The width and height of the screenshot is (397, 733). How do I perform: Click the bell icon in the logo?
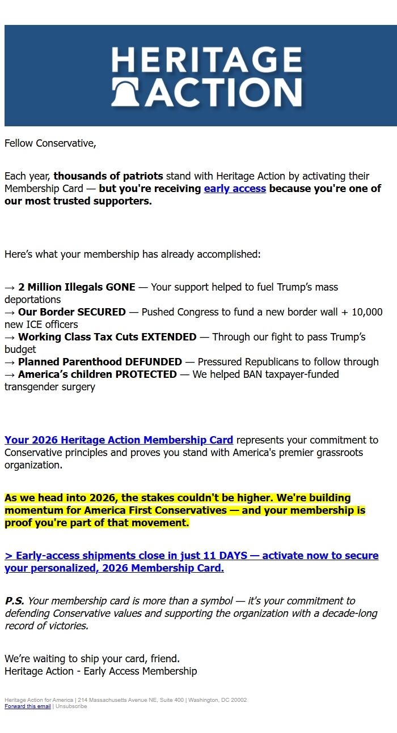(x=126, y=93)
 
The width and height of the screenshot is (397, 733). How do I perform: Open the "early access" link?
(x=235, y=189)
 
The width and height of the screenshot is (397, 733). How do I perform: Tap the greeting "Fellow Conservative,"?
(x=50, y=143)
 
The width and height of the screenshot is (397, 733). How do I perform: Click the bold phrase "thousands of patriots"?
(x=108, y=176)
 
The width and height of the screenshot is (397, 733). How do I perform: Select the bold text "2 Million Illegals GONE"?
(x=77, y=287)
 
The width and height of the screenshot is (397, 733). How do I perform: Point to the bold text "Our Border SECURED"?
(x=72, y=312)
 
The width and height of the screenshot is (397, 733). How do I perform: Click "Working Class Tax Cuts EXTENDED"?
(x=107, y=337)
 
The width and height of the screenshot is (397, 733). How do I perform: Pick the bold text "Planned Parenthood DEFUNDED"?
(x=100, y=362)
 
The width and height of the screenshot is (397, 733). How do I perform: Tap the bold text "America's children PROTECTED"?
(x=98, y=374)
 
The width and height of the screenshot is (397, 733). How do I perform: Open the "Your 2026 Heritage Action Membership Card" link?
(x=119, y=440)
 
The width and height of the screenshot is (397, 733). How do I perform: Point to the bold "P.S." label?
(x=14, y=601)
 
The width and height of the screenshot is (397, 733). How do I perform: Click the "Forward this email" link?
(x=28, y=706)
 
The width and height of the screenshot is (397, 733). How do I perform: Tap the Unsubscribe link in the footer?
(x=71, y=706)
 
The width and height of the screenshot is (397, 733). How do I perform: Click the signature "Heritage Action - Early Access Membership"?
(x=101, y=671)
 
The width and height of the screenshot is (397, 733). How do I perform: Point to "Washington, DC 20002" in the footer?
(x=217, y=700)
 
